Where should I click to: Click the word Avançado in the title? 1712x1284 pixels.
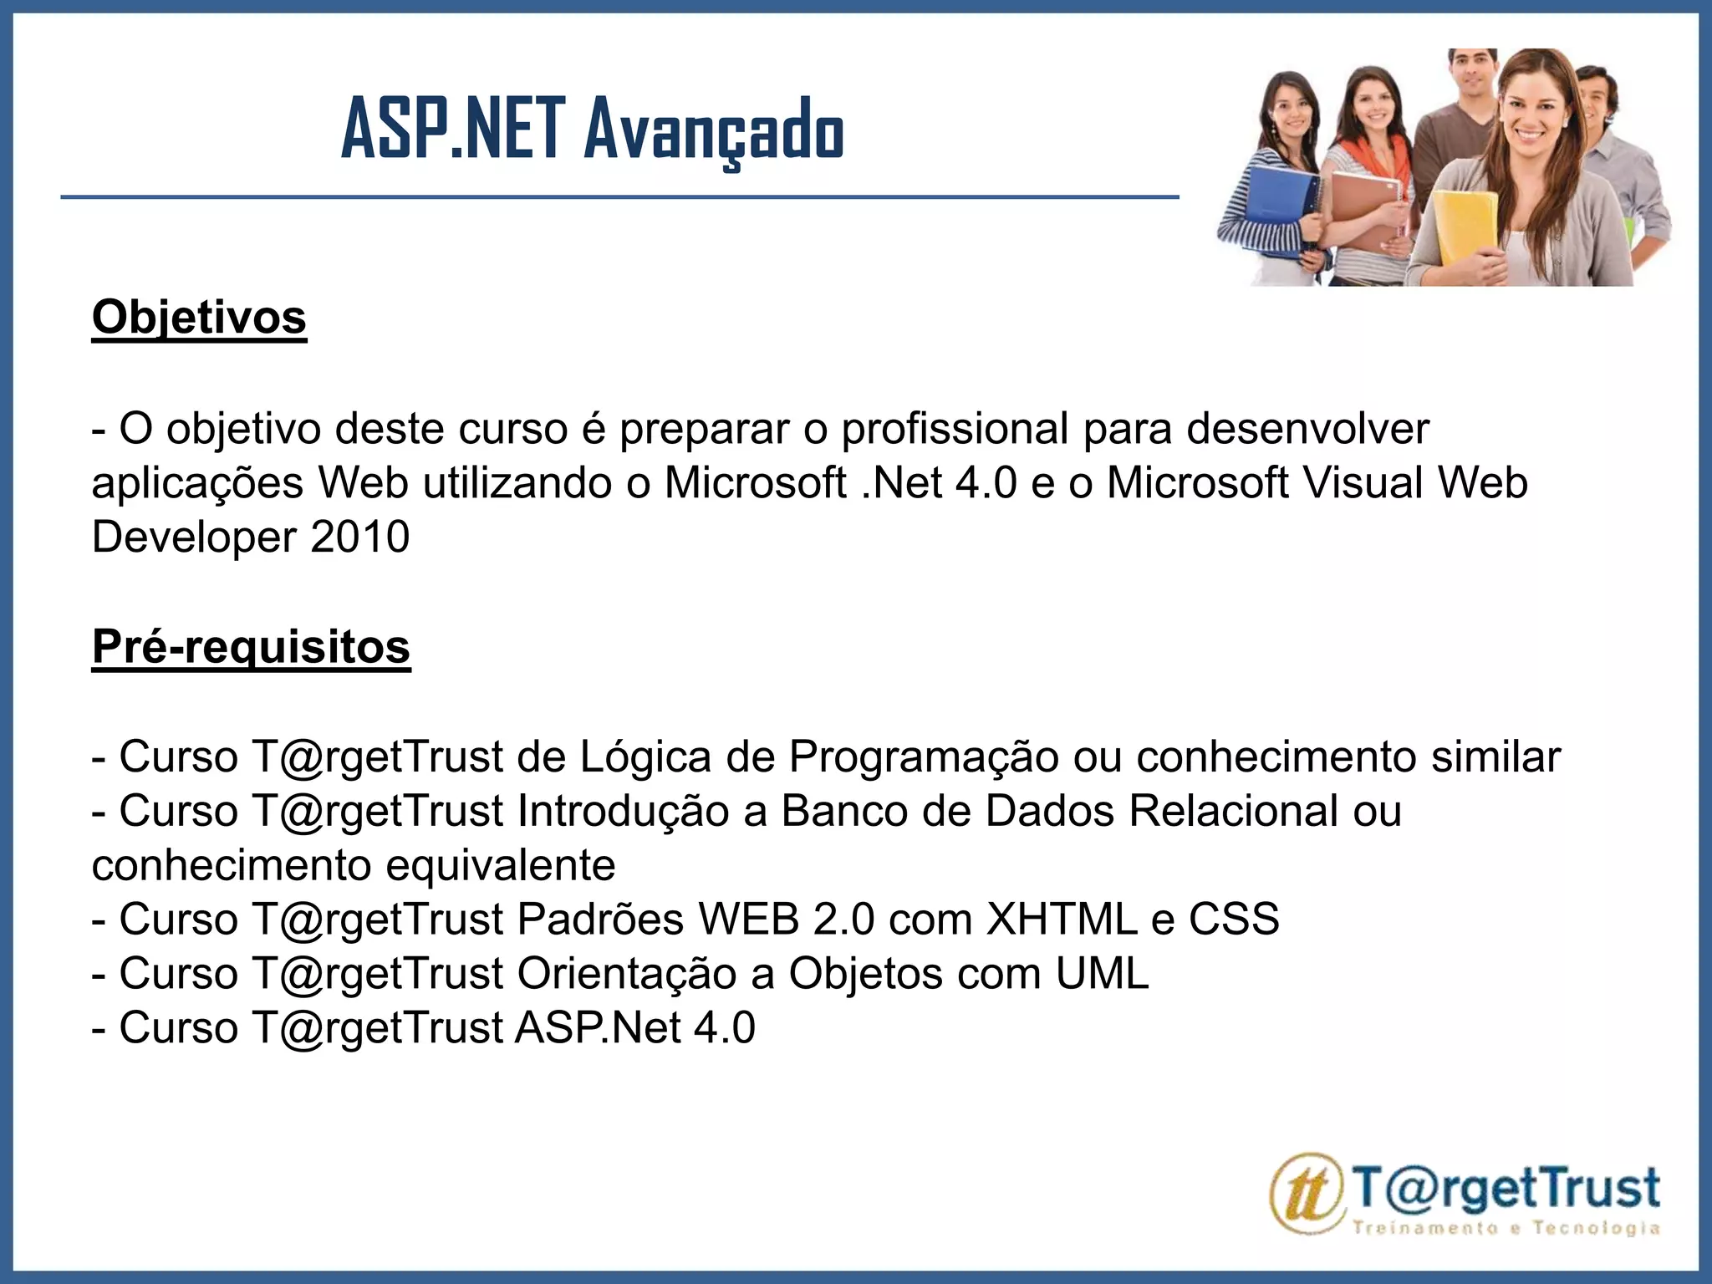[x=714, y=130]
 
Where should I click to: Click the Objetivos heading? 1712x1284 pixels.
[x=199, y=318]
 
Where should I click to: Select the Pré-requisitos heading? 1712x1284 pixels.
[x=251, y=646]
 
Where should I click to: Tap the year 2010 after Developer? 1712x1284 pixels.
[x=359, y=537]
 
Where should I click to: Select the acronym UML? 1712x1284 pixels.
[x=1103, y=974]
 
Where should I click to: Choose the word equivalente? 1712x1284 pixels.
[x=500, y=866]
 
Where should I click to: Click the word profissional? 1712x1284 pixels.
[x=955, y=430]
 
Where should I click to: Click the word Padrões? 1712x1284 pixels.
[x=600, y=920]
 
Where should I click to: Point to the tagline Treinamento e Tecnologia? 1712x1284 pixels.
[x=1506, y=1228]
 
